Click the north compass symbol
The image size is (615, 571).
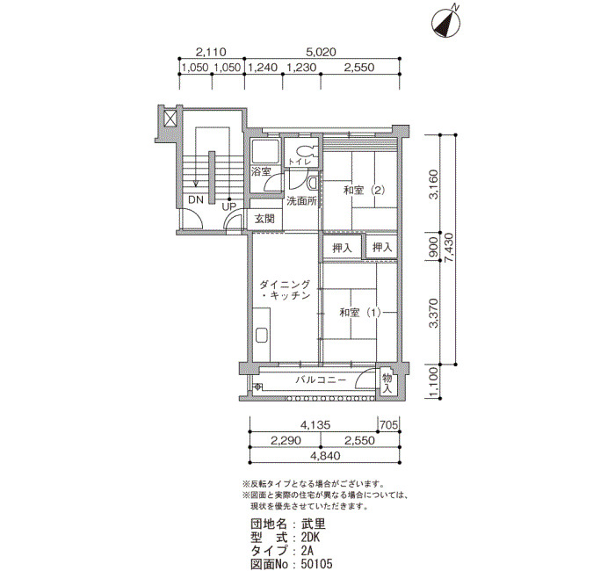tap(445, 24)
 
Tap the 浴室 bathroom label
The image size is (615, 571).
tap(261, 171)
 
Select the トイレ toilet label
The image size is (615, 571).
tap(300, 161)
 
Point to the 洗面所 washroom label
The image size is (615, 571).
tap(301, 201)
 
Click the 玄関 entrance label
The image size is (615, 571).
tap(264, 219)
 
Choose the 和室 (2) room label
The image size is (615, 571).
tap(364, 191)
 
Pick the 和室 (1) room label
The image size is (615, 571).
tap(360, 313)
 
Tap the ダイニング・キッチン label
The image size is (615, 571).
tap(285, 289)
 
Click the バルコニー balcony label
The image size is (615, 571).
tap(321, 379)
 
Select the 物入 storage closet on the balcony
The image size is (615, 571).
tap(387, 384)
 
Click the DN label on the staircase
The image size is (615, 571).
tap(196, 199)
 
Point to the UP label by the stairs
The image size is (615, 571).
tap(228, 206)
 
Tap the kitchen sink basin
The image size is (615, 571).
tap(262, 336)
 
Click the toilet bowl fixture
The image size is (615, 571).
tap(304, 151)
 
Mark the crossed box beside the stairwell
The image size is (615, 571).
tap(170, 118)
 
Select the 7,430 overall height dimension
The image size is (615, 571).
tap(449, 249)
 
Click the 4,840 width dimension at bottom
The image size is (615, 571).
tap(326, 456)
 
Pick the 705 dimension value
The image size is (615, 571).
tap(389, 424)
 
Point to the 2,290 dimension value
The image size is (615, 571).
tap(286, 440)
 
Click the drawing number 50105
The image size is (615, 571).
tap(317, 564)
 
